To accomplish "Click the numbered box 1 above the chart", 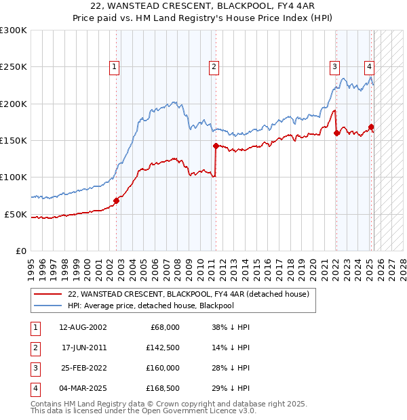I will pyautogui.click(x=114, y=66).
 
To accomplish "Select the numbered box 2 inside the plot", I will pyautogui.click(x=214, y=66).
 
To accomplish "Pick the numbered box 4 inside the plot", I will pyautogui.click(x=369, y=66).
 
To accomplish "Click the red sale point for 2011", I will pyautogui.click(x=216, y=146).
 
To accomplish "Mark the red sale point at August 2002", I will pyautogui.click(x=116, y=201).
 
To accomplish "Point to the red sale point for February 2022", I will pyautogui.click(x=336, y=133).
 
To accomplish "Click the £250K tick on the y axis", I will pyautogui.click(x=14, y=67).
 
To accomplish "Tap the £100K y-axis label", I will pyautogui.click(x=14, y=177).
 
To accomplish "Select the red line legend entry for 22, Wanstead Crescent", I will pyautogui.click(x=188, y=294).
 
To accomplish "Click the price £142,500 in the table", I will pyautogui.click(x=163, y=348).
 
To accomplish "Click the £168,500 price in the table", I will pyautogui.click(x=163, y=388).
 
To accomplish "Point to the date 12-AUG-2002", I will pyautogui.click(x=83, y=327).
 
